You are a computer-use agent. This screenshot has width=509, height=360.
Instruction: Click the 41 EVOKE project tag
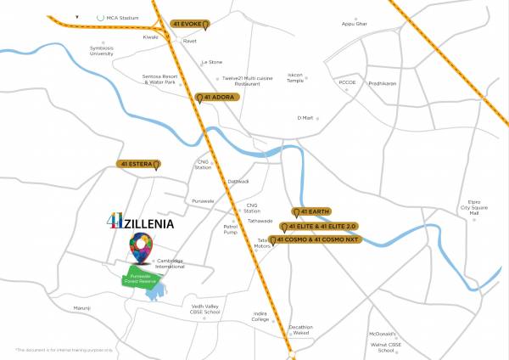tap(190, 24)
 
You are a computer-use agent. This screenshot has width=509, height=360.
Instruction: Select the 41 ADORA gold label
tap(219, 98)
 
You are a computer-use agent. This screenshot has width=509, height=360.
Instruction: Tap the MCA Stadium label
tap(119, 16)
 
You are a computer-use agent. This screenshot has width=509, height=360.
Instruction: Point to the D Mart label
tap(305, 118)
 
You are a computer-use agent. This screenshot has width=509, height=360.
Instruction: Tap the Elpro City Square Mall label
tap(469, 207)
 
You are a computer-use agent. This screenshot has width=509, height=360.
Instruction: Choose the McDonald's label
tap(383, 335)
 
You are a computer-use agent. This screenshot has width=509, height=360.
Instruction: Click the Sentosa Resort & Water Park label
tap(159, 80)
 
